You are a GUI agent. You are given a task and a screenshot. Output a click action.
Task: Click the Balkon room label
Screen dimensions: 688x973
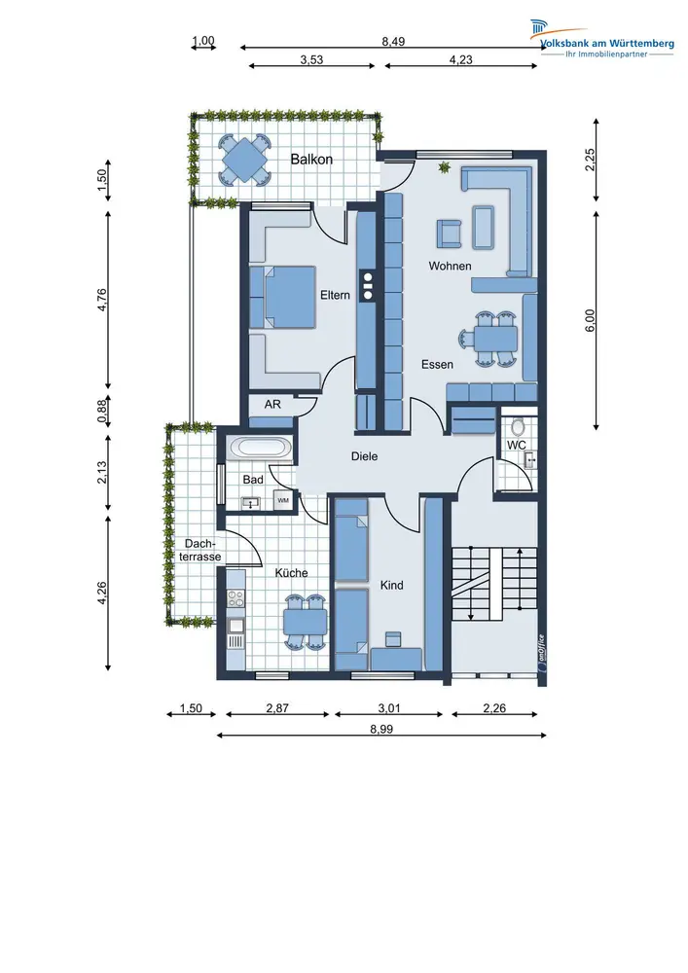(311, 160)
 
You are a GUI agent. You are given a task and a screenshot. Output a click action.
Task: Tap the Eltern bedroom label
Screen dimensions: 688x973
(335, 296)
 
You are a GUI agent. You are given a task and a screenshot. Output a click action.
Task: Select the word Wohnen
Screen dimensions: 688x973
(450, 267)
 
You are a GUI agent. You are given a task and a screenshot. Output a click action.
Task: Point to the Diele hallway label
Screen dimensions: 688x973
(364, 456)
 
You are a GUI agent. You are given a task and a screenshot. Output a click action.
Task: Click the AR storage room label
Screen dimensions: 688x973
(272, 405)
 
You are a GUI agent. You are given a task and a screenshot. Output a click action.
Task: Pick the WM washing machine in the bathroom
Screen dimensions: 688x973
(283, 500)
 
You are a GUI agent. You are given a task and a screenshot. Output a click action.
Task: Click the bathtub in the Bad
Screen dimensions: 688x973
(259, 448)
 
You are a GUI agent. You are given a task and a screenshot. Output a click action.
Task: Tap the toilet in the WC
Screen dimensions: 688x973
(518, 426)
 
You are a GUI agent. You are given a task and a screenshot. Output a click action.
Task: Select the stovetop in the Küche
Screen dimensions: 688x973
(235, 598)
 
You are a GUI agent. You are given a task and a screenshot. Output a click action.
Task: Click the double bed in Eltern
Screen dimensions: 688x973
(283, 297)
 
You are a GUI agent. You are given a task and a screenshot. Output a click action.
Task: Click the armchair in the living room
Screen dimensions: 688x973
(450, 234)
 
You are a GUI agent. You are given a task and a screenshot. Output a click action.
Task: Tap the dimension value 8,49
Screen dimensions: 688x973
(393, 42)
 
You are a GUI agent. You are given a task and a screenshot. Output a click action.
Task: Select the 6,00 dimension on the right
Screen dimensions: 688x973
(590, 320)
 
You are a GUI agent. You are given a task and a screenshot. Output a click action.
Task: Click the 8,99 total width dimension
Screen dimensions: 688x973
(381, 729)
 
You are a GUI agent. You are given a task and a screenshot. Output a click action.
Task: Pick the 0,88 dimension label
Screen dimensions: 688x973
(102, 410)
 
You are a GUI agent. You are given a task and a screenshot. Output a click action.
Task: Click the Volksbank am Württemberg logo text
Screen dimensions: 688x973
(606, 44)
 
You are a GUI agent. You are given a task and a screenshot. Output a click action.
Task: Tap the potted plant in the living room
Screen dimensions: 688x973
(444, 167)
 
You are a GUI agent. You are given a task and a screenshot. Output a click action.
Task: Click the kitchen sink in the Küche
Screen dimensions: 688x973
(235, 626)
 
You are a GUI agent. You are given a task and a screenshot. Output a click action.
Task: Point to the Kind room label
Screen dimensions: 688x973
(391, 585)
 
